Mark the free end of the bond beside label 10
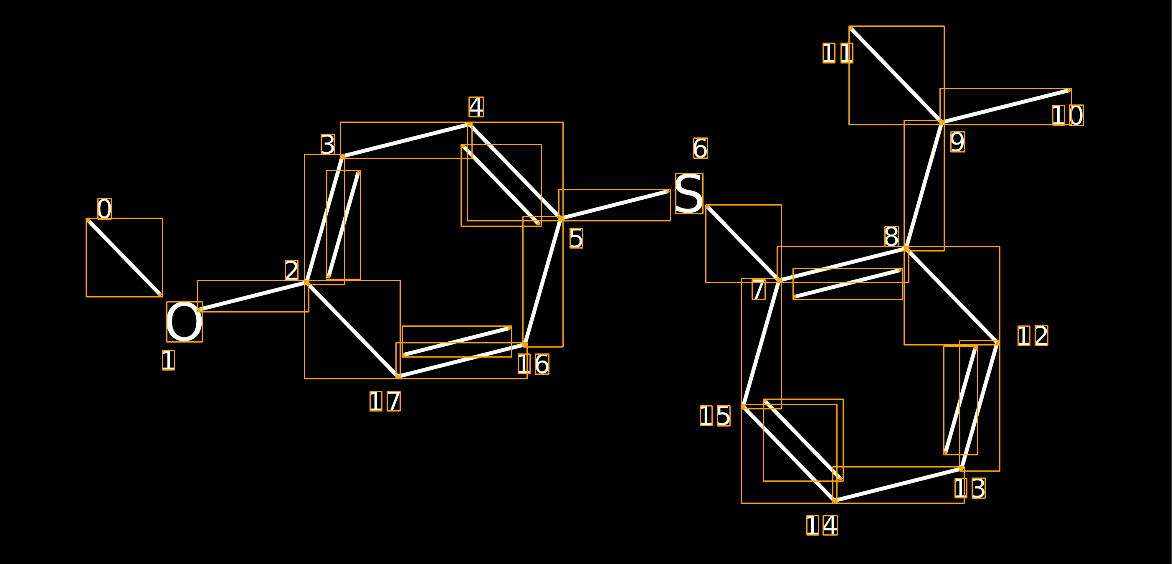coord(1069,90)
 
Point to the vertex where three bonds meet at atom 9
coord(942,122)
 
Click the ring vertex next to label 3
coord(343,157)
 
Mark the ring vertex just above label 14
coord(835,501)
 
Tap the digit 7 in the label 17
coord(394,401)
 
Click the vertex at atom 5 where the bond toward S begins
coord(561,218)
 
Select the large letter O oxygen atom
coord(184,322)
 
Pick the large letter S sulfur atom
coord(689,193)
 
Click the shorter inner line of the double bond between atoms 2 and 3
coord(344,225)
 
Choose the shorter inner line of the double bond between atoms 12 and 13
coord(960,400)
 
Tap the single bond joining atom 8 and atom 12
coord(952,296)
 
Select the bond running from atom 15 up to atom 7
coord(761,344)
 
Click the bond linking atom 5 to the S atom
coord(614,205)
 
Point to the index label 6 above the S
coord(701,148)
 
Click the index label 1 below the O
coord(168,360)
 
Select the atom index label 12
coord(1033,335)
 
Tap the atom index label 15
coord(715,416)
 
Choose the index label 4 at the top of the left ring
coord(476,107)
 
